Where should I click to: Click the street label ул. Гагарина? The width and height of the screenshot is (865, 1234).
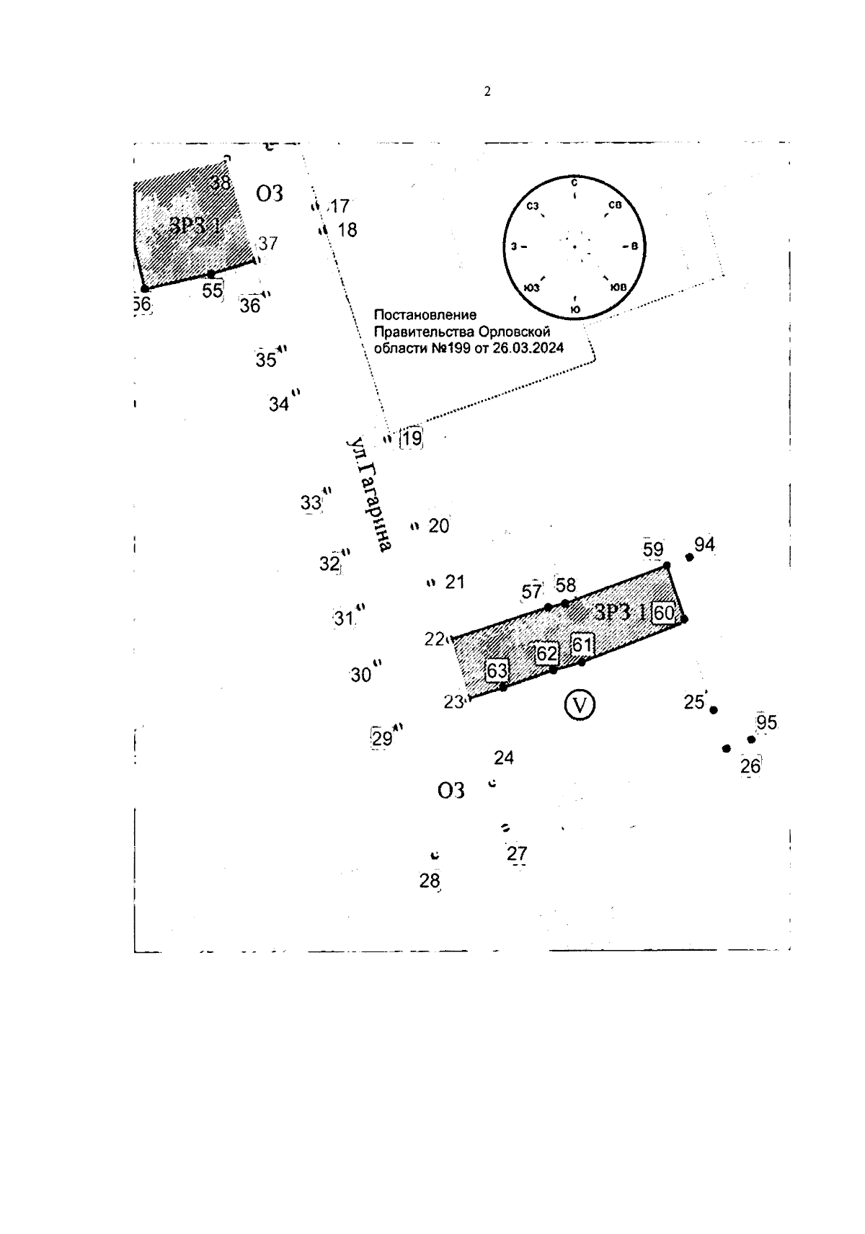click(368, 494)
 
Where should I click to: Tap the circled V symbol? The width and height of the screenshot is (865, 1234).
click(580, 704)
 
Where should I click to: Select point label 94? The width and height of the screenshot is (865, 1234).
click(704, 545)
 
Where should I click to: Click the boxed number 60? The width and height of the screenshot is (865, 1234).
click(663, 613)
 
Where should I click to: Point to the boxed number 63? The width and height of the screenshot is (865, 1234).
click(497, 671)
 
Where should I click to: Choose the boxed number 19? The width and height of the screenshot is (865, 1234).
click(412, 438)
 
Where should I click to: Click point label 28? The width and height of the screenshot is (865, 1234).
click(430, 881)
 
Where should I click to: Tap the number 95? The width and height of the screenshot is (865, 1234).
click(767, 722)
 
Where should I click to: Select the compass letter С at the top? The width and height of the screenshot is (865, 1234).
click(574, 182)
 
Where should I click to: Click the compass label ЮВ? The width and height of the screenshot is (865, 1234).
click(618, 287)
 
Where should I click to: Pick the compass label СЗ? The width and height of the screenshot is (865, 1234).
click(533, 207)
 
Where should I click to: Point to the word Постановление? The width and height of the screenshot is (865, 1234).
click(425, 315)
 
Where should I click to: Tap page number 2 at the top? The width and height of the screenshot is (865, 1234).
click(487, 92)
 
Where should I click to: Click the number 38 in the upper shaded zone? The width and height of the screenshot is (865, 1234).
click(220, 183)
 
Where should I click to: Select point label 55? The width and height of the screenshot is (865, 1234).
click(212, 291)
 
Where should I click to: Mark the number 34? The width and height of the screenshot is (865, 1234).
click(279, 404)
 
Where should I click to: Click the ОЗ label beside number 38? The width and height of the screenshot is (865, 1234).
click(270, 193)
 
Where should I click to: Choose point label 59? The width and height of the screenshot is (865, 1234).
click(653, 550)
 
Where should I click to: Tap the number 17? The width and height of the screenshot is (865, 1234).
click(340, 207)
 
